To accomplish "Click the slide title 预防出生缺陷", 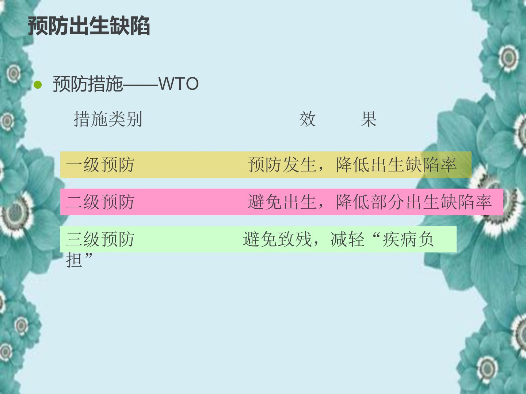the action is (89, 26).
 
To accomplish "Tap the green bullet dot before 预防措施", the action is (38, 85).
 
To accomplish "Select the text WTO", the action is (178, 84).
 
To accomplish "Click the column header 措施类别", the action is (108, 119).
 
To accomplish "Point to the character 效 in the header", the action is (308, 119).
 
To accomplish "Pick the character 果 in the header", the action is (369, 119).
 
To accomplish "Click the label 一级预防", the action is (100, 165).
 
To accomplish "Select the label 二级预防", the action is (100, 202).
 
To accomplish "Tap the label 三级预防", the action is (100, 239).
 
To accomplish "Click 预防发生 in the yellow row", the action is (282, 165).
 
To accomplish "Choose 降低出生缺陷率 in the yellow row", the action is (396, 165).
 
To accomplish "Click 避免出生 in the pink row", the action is (282, 202).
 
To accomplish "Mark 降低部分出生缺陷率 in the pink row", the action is (414, 202).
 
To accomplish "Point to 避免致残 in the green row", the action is (277, 239).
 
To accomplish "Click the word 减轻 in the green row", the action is (347, 239).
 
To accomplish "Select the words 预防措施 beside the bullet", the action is (88, 84).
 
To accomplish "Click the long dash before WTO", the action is (140, 85).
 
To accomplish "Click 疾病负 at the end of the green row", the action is (408, 239).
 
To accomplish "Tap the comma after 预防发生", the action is (321, 169).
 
